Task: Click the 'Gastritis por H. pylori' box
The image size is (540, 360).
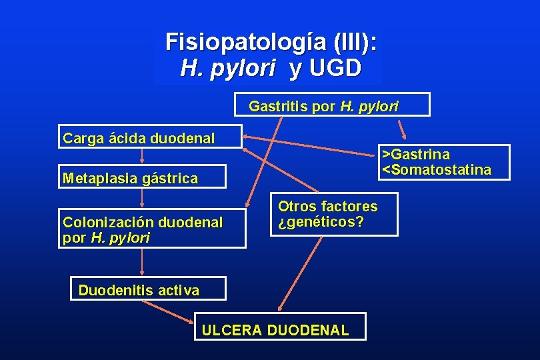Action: (x=333, y=105)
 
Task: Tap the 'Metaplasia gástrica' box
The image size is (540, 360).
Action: (x=143, y=177)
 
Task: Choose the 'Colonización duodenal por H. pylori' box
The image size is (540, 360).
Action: (x=152, y=229)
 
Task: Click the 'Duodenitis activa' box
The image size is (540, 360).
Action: (x=148, y=289)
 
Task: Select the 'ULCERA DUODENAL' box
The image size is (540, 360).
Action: (x=281, y=329)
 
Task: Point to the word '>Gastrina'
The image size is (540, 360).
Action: (x=416, y=155)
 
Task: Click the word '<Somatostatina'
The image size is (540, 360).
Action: (x=437, y=169)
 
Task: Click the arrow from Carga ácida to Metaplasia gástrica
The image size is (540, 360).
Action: (x=143, y=156)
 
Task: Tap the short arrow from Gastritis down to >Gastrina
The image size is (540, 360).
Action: (x=401, y=129)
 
